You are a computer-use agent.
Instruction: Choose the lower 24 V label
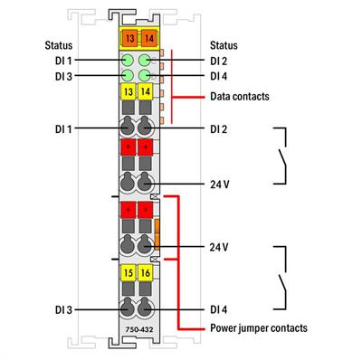[x=220, y=247]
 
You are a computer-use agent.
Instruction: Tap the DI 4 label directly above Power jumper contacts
[x=219, y=309]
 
